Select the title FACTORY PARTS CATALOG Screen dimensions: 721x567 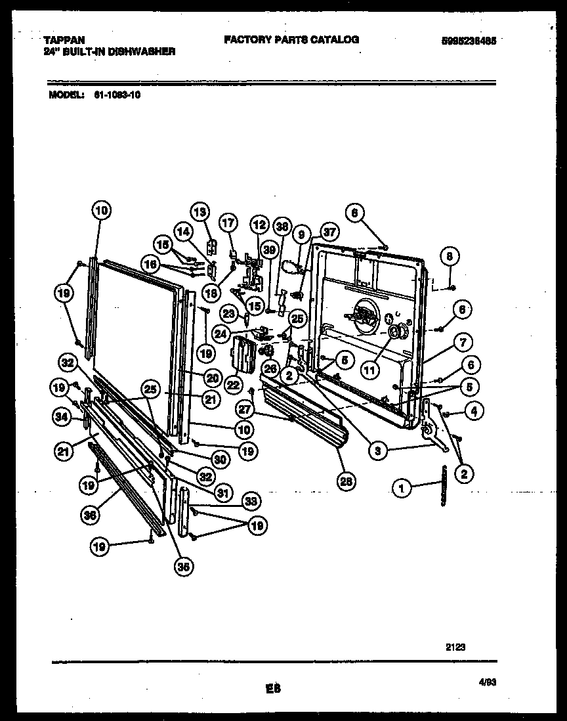[x=291, y=39]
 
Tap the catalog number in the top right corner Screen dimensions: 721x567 [x=468, y=40]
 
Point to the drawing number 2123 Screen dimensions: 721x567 [x=455, y=646]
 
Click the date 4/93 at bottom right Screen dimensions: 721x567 [x=486, y=683]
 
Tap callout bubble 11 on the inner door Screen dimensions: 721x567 [x=370, y=370]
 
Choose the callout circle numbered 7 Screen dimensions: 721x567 [x=463, y=341]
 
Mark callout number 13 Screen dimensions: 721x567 [x=199, y=211]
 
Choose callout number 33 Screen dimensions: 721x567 [x=249, y=502]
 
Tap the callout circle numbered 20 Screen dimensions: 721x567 [x=212, y=376]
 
